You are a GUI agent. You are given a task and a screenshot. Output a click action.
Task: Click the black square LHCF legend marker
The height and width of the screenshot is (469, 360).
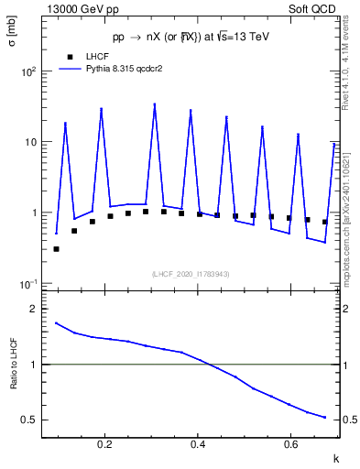pyautogui.click(x=69, y=55)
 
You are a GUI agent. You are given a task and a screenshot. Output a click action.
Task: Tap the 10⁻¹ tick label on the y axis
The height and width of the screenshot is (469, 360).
pyautogui.click(x=28, y=283)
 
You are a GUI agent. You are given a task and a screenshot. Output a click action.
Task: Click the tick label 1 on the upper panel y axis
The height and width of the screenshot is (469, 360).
pyautogui.click(x=34, y=213)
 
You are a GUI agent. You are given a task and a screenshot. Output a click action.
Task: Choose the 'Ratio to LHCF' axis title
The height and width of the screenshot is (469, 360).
pyautogui.click(x=12, y=364)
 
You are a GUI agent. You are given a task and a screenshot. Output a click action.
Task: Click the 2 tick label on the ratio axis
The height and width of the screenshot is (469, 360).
pyautogui.click(x=34, y=310)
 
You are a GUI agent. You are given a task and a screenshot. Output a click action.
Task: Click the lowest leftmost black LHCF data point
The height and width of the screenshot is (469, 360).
pyautogui.click(x=56, y=248)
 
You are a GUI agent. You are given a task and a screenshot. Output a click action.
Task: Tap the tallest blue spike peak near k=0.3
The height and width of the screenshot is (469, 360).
pyautogui.click(x=155, y=104)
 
